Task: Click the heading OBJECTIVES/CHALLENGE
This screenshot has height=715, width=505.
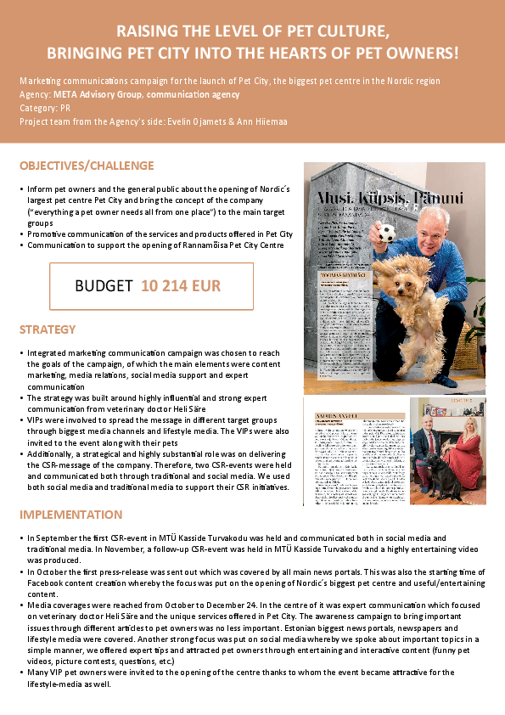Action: point(87,166)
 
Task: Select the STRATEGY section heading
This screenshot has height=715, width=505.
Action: point(48,329)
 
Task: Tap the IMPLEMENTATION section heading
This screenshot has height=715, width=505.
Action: point(70,515)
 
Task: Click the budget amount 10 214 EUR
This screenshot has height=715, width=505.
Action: point(181,286)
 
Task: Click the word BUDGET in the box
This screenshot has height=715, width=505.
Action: point(104,286)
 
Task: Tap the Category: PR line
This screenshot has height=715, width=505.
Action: point(43,108)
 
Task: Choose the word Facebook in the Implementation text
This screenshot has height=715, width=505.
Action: point(45,583)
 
